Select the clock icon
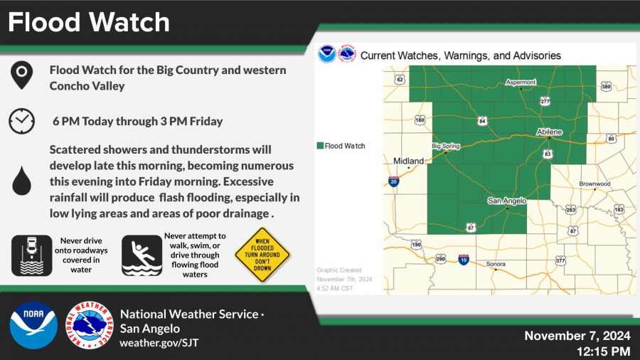click(21, 121)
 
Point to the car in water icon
click(31, 255)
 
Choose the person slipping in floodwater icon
click(141, 255)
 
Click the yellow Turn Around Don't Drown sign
click(263, 255)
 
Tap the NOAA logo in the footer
click(33, 325)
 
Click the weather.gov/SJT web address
click(160, 343)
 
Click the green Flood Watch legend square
click(319, 146)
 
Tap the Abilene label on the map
click(548, 132)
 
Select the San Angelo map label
click(506, 201)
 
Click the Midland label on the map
click(409, 161)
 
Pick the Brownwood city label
click(594, 184)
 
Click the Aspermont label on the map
click(520, 82)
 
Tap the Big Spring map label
click(447, 146)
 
